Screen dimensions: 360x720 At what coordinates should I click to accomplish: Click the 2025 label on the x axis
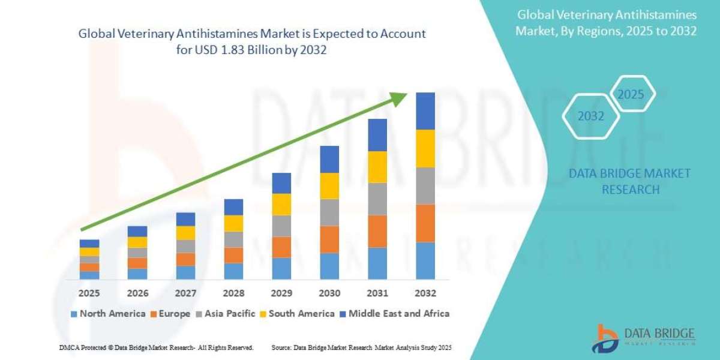click(x=89, y=293)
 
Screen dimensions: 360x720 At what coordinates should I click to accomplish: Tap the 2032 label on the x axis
click(x=425, y=293)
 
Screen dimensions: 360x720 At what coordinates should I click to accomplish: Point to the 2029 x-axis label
click(x=281, y=293)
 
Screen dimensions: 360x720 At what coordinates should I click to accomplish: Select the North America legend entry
click(x=108, y=313)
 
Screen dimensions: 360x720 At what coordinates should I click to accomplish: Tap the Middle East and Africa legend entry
click(x=395, y=313)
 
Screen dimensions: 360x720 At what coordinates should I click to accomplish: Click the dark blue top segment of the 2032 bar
click(x=425, y=111)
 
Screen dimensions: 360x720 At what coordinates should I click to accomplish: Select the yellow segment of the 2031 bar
click(x=377, y=167)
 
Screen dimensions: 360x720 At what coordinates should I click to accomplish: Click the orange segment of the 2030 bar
click(x=329, y=239)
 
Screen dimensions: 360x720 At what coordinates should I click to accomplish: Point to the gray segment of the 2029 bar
click(x=281, y=226)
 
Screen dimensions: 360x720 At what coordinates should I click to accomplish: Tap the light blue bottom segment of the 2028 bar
click(x=233, y=271)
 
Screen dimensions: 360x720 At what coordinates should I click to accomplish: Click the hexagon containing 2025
click(x=631, y=95)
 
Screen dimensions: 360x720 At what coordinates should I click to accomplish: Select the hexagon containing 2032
click(x=591, y=116)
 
